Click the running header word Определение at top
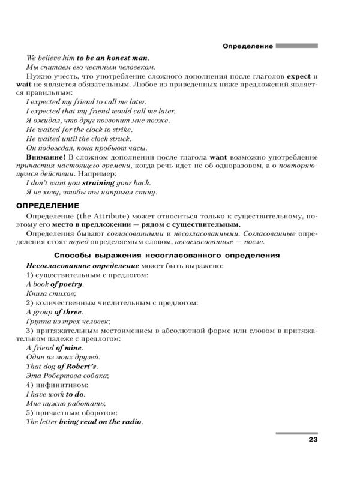point(248,46)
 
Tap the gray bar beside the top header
point(296,46)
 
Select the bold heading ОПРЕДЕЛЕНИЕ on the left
point(43,206)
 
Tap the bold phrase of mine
point(68,348)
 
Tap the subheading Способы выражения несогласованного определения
point(171,255)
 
